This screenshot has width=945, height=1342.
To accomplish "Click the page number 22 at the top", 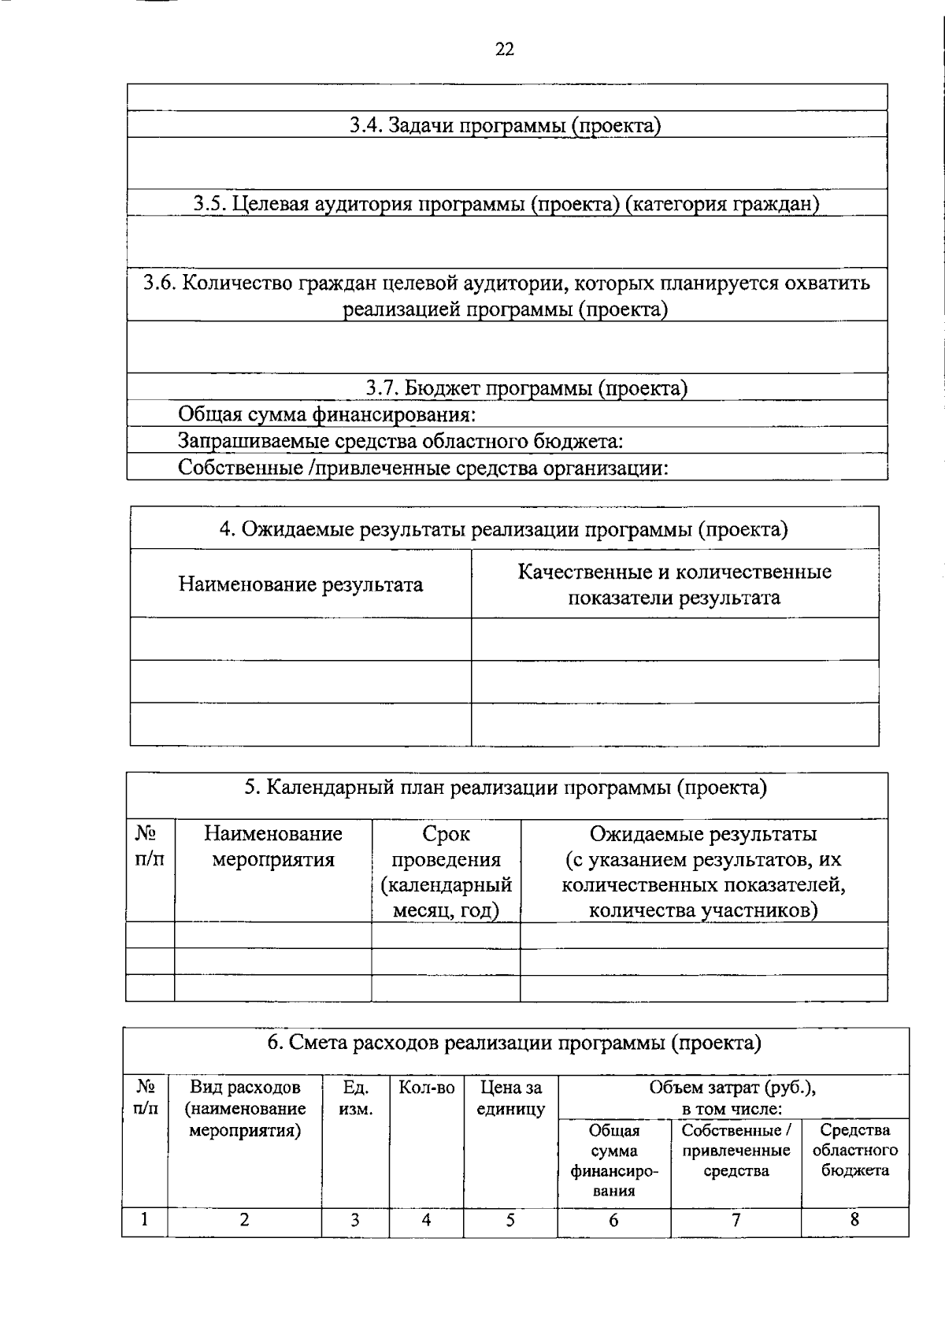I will pos(505,50).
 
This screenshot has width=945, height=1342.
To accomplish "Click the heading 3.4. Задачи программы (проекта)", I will pos(505,125).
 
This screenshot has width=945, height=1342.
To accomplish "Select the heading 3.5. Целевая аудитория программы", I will pos(506,204).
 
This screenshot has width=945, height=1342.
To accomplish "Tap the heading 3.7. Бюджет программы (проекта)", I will pos(526,387).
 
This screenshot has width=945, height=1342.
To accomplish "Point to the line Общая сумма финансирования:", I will pos(327,414).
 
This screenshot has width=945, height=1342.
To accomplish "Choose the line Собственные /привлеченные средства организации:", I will pos(423,468).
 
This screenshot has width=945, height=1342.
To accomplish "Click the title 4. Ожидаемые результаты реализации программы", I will pos(503,529).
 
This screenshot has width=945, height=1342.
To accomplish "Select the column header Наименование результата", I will pos(300,584).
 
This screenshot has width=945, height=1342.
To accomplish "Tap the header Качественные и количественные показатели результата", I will pos(674,584).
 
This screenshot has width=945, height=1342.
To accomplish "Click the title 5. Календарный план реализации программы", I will pos(505,788).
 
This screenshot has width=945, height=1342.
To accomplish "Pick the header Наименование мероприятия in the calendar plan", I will pos(272,847).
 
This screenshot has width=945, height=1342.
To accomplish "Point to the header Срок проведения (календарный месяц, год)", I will pos(446,872).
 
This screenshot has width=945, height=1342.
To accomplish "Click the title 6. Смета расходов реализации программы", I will pos(514,1044).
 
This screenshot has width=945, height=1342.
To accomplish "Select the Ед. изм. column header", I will pos(355,1098).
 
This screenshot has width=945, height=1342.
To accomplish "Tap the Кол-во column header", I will pos(426,1088).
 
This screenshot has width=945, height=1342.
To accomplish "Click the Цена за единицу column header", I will pos(510,1098).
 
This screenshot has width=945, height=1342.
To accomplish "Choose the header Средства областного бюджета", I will pos(854,1150).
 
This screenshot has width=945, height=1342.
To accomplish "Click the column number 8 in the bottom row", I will pos(854,1220).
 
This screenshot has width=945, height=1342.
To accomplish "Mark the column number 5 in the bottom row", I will pos(510,1220).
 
